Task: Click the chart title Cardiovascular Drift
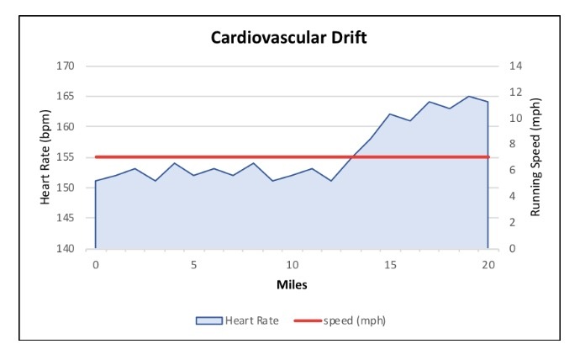(290, 39)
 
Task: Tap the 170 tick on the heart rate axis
(66, 66)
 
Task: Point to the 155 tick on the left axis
(66, 157)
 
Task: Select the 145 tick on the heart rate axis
(66, 218)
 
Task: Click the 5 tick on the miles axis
(193, 265)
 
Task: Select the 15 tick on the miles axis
(390, 265)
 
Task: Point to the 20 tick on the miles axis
(488, 265)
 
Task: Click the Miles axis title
(292, 284)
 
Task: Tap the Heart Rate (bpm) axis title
(45, 157)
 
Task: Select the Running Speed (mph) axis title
(535, 157)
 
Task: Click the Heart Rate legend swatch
(208, 320)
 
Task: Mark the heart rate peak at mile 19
(469, 96)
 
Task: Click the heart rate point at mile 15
(390, 114)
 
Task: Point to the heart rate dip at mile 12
(331, 181)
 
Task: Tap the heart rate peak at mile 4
(174, 163)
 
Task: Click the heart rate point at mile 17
(430, 102)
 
